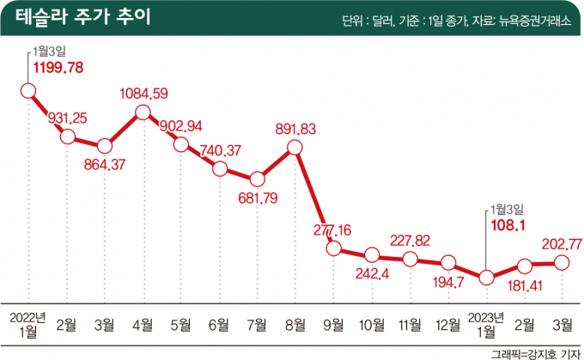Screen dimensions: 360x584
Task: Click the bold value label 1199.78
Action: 58,66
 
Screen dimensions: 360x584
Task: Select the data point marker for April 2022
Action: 143,112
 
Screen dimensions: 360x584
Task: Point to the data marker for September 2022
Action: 333,248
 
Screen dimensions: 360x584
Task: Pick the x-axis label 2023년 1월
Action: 487,325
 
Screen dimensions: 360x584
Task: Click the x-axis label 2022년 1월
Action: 28,325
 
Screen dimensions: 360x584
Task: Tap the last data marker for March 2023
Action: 563,262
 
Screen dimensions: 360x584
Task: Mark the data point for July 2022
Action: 257,180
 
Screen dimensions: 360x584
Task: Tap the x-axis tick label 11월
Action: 410,325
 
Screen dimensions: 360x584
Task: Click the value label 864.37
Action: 104,164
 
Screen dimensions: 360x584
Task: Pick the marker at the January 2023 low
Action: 487,278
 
